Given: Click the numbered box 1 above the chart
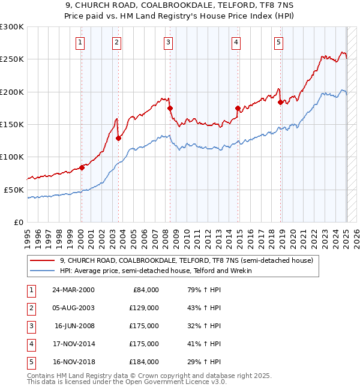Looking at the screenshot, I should [x=80, y=42].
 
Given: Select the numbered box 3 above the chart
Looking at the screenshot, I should [x=169, y=42].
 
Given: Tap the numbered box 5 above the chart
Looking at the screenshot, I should [x=279, y=42].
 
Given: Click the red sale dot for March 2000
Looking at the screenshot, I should [x=82, y=168].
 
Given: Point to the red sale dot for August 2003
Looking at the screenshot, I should [x=118, y=139].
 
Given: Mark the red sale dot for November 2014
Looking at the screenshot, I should [x=238, y=109].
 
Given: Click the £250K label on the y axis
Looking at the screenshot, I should [x=12, y=59].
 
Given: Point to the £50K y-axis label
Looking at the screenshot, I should [x=14, y=190].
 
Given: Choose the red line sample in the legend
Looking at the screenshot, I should [x=43, y=260].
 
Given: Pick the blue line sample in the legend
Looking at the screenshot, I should [x=43, y=271].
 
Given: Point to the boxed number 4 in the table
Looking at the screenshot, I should [x=30, y=344].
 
